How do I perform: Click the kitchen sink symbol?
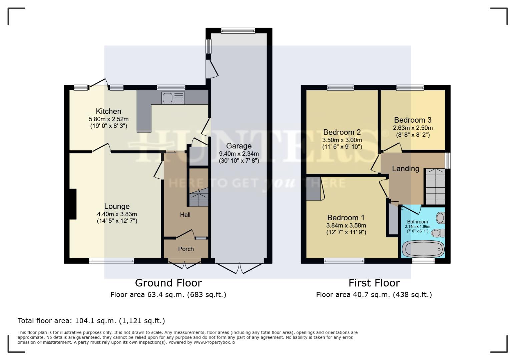click(x=173, y=98)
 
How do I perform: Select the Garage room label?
click(x=238, y=146)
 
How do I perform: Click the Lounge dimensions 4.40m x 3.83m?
click(x=117, y=214)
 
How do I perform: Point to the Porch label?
click(x=186, y=249)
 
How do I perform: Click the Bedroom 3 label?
click(x=413, y=120)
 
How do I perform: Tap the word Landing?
click(x=405, y=169)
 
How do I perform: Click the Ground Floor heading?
click(x=168, y=283)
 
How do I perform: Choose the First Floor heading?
click(x=374, y=283)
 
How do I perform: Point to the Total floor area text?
click(x=91, y=321)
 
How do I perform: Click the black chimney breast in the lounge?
click(x=73, y=204)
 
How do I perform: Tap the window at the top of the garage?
click(x=238, y=31)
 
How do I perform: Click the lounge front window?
click(x=111, y=261)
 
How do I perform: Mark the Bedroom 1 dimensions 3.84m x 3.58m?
click(x=346, y=225)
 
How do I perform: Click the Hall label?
click(x=185, y=215)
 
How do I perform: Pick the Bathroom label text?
click(x=417, y=222)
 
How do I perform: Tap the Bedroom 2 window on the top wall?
click(x=340, y=88)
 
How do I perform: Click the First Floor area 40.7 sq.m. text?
click(x=374, y=295)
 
